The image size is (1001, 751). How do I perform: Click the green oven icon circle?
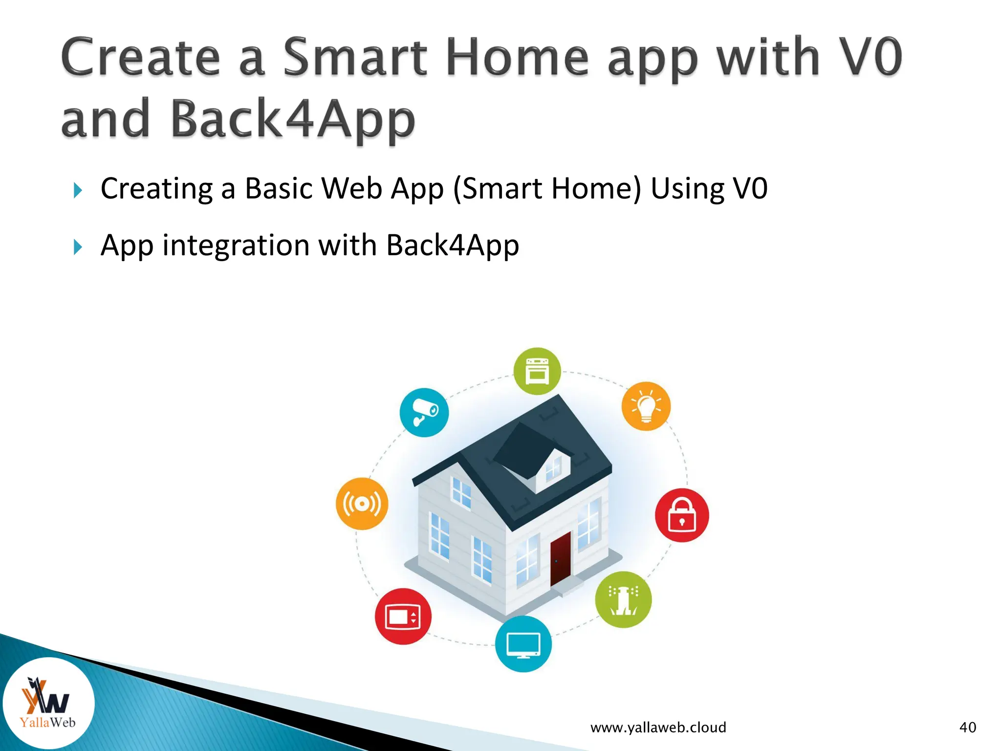click(x=537, y=371)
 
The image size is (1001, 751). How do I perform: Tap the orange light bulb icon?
click(x=646, y=406)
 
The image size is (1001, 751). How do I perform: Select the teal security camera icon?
click(x=424, y=413)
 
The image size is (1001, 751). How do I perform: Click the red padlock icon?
click(x=682, y=515)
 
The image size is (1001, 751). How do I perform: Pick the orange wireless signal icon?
click(x=362, y=504)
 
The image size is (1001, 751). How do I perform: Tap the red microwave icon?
click(x=403, y=616)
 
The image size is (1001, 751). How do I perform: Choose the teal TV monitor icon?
click(x=523, y=644)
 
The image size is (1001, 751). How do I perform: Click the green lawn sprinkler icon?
click(x=623, y=600)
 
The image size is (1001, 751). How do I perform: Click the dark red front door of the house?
click(x=560, y=559)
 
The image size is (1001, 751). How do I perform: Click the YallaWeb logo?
click(x=48, y=704)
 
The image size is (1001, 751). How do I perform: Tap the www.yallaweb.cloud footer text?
click(x=658, y=728)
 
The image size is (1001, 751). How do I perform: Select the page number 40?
click(x=967, y=728)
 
